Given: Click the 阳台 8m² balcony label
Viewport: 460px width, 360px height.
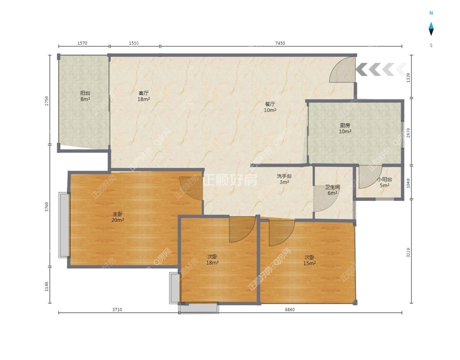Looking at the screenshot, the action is (x=85, y=96).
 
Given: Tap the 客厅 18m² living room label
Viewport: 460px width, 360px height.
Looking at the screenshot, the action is (x=144, y=96).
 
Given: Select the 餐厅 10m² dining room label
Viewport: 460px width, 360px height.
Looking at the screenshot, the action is (x=270, y=107).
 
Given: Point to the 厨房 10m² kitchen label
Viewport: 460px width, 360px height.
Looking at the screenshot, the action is (x=345, y=128).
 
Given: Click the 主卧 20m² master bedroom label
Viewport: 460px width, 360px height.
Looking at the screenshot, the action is (x=117, y=217).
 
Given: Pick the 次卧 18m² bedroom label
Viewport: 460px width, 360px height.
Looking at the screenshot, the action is (x=212, y=260).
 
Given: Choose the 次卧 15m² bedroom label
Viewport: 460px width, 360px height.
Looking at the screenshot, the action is (x=309, y=260).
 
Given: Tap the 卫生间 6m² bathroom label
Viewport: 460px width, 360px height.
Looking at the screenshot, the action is (x=332, y=190).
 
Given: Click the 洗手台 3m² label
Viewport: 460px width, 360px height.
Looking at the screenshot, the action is (x=284, y=179).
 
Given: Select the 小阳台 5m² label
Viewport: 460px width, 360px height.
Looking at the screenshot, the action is (x=384, y=182).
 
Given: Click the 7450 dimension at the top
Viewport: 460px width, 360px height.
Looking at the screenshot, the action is (x=280, y=43).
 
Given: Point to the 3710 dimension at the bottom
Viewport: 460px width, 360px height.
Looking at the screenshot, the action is (x=117, y=310).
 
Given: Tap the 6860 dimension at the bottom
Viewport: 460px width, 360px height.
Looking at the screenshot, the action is (x=289, y=310).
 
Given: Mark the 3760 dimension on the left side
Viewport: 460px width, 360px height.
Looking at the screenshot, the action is (x=47, y=207).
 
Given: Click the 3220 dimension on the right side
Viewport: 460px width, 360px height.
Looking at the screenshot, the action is (x=408, y=253).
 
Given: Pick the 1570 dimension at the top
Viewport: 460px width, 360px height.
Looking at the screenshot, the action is (x=82, y=43).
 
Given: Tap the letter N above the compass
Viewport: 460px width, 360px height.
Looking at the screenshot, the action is (x=431, y=13).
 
